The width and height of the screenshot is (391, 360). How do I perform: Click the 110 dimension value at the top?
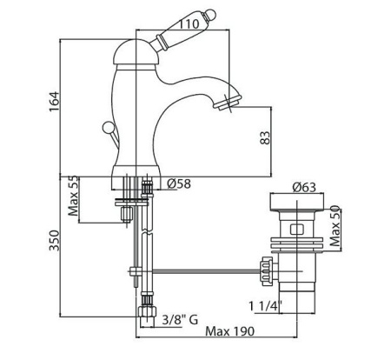188,23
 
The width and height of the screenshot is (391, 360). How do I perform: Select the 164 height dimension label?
55,102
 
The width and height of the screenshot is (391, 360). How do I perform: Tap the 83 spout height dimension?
265,137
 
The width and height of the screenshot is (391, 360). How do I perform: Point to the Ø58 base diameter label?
179,183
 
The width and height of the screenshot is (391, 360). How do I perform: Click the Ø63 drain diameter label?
304,187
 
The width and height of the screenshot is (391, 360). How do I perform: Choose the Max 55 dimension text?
73,196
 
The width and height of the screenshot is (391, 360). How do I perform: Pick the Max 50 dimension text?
335,226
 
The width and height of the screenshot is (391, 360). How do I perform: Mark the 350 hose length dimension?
54,240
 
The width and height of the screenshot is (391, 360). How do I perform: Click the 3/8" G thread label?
180,320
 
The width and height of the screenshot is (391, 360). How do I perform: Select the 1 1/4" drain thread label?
266,306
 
